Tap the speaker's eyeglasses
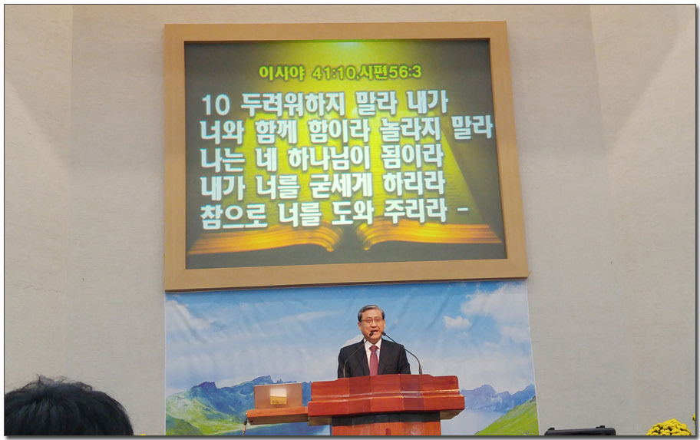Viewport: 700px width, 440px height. click(371, 320)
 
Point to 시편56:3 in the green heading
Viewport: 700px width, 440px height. click(390, 72)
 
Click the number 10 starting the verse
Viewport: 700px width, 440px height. click(216, 105)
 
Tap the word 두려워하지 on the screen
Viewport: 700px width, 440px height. click(293, 104)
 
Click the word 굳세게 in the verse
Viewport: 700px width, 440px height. click(341, 185)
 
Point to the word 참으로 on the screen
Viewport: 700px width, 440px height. click(233, 216)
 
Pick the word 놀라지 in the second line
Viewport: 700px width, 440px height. click(411, 130)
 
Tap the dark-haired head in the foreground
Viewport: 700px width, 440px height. click(67, 408)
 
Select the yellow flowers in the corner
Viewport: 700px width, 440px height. click(669, 428)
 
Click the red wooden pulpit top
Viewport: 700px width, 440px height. click(387, 395)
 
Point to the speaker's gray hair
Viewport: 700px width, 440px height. click(371, 310)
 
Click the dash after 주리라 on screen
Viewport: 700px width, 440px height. click(464, 209)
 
